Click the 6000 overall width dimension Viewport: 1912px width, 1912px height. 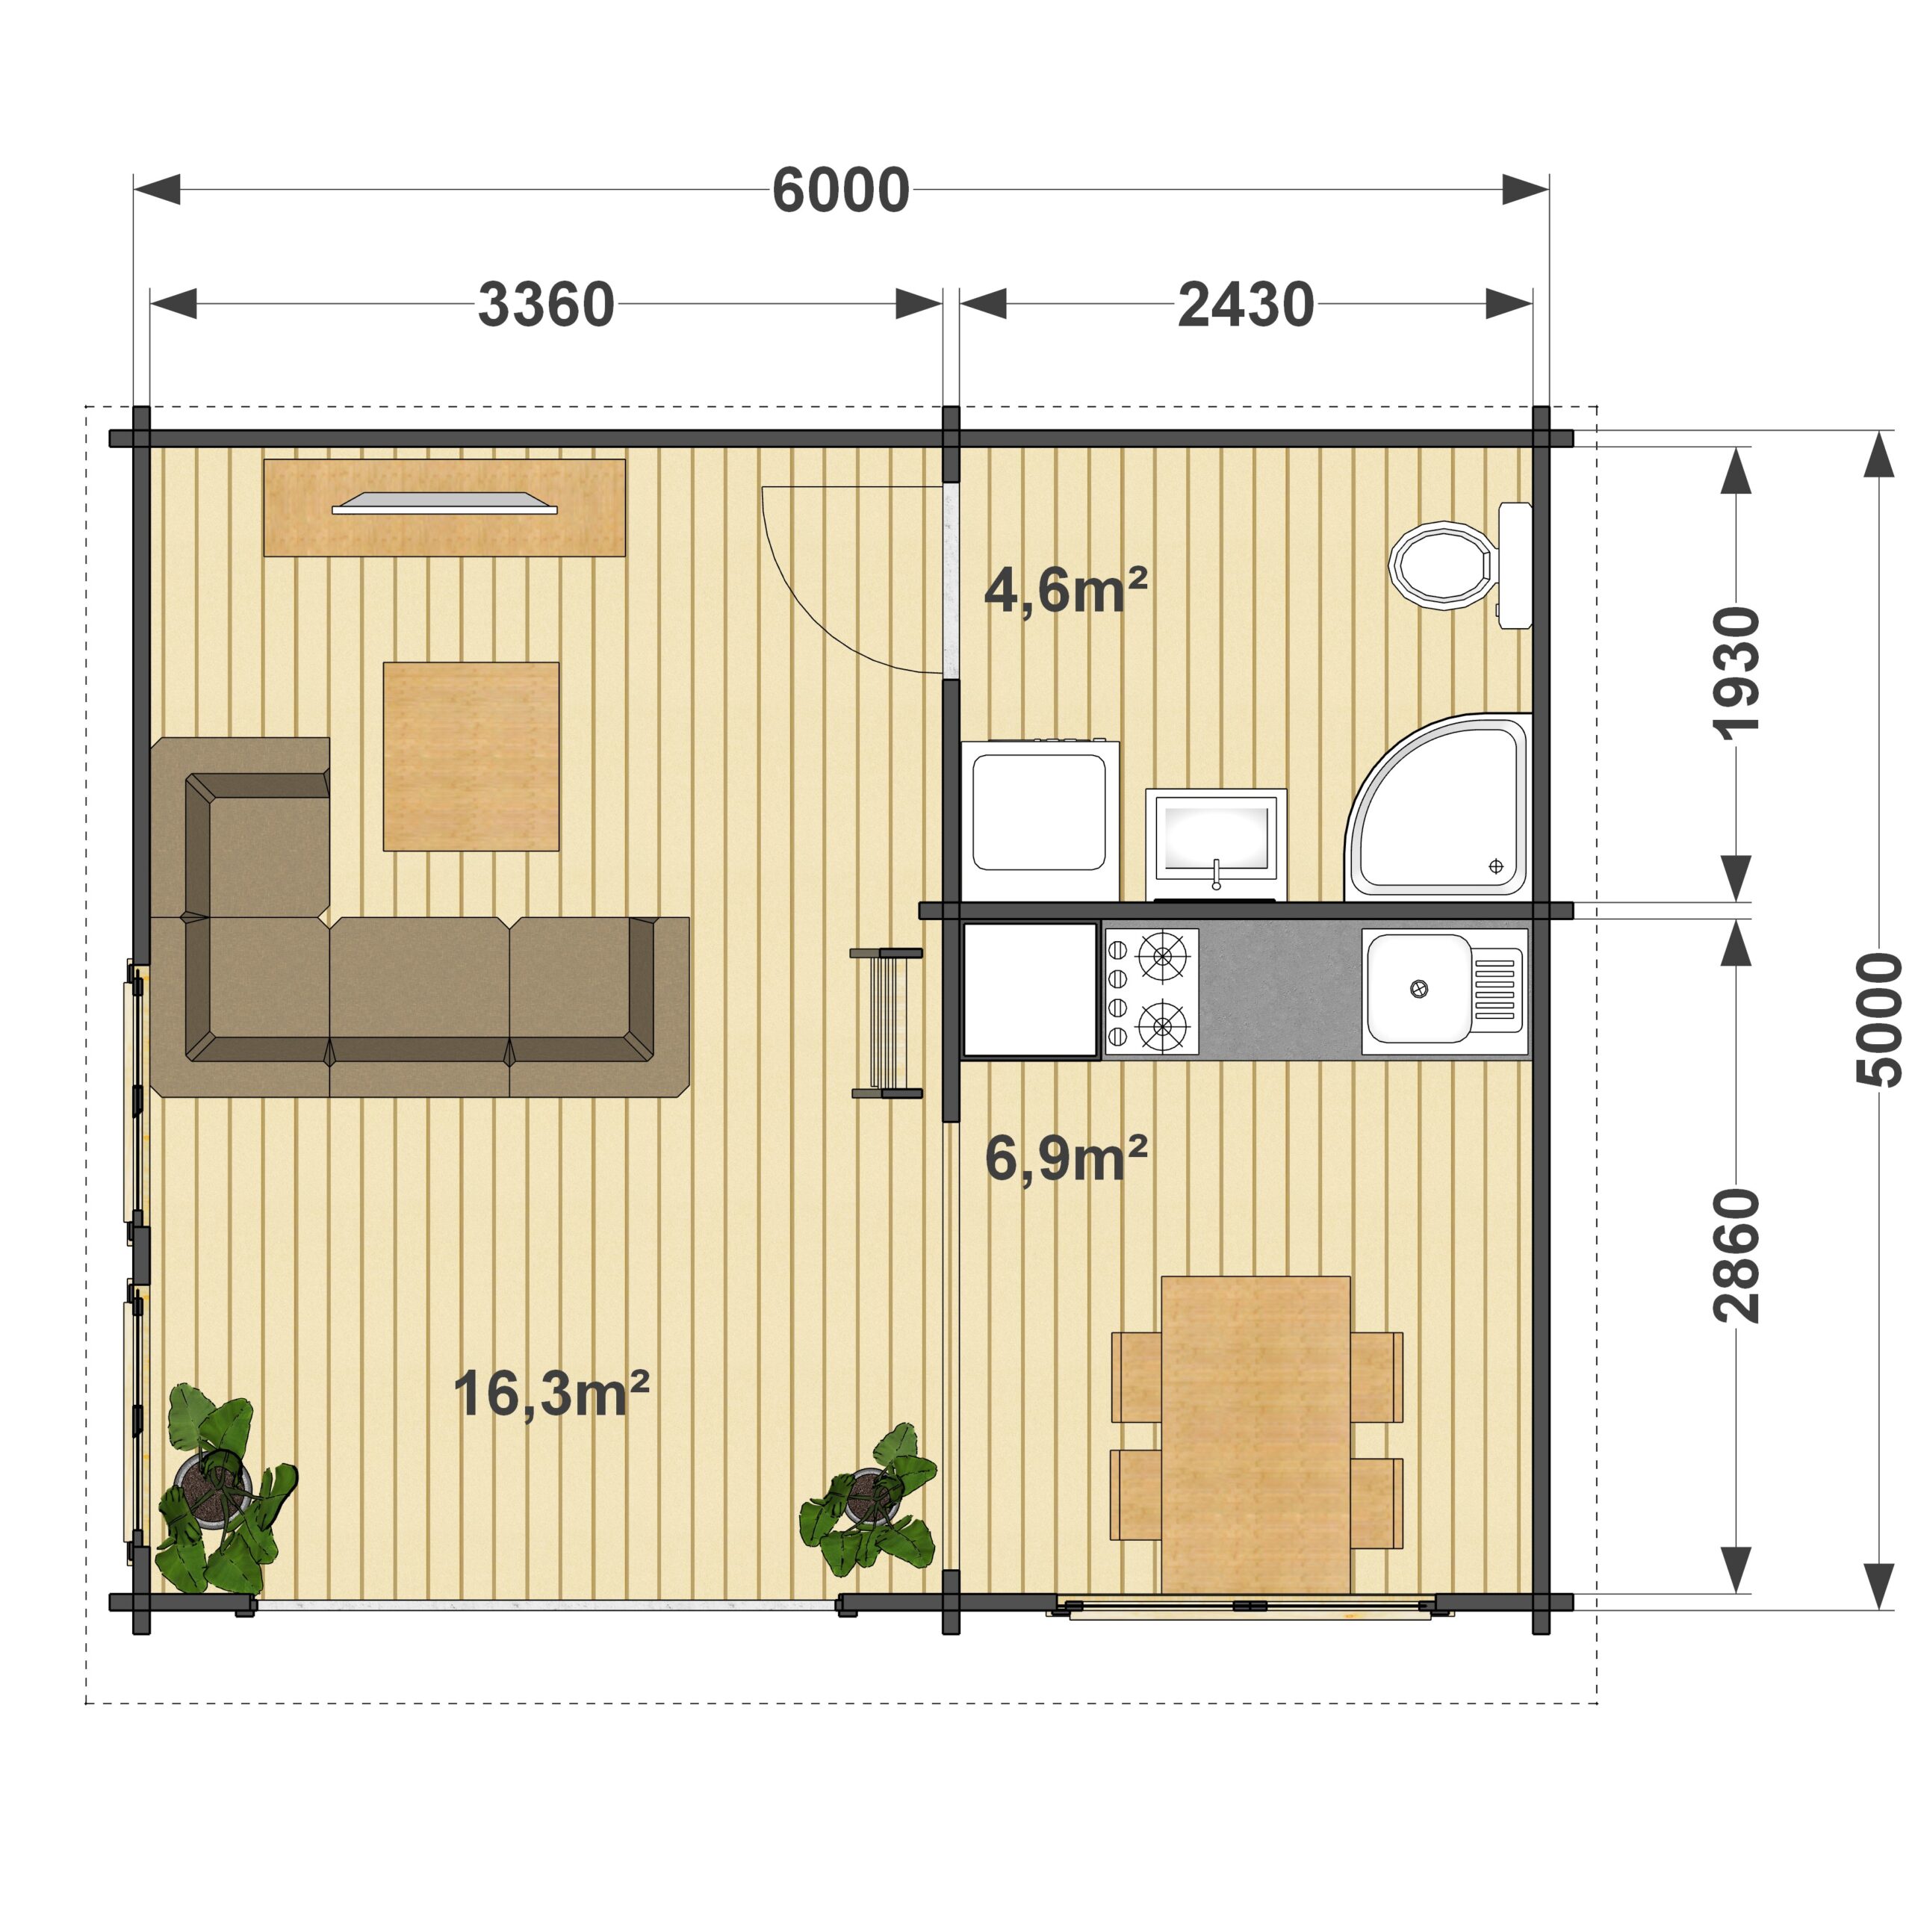click(840, 190)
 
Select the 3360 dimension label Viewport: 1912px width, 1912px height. click(546, 305)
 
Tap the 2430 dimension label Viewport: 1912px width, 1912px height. click(1246, 305)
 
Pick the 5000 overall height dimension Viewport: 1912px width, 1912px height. click(1879, 1020)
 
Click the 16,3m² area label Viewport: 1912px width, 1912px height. click(551, 1394)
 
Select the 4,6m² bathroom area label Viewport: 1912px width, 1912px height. click(1066, 590)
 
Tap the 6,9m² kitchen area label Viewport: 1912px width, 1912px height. click(1066, 1158)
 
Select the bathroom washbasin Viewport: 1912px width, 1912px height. click(1216, 844)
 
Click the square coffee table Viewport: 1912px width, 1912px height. click(471, 756)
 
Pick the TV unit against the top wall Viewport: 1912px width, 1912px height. click(444, 506)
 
